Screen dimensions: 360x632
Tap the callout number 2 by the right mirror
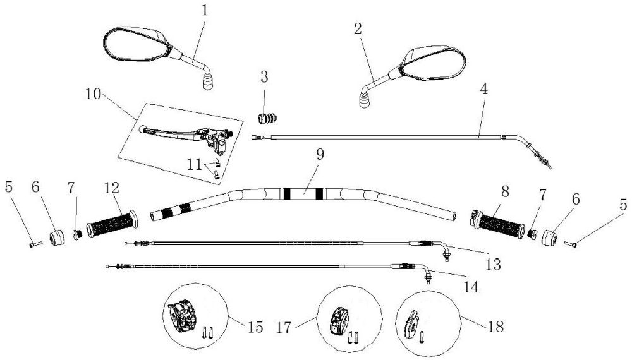[x=358, y=28]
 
